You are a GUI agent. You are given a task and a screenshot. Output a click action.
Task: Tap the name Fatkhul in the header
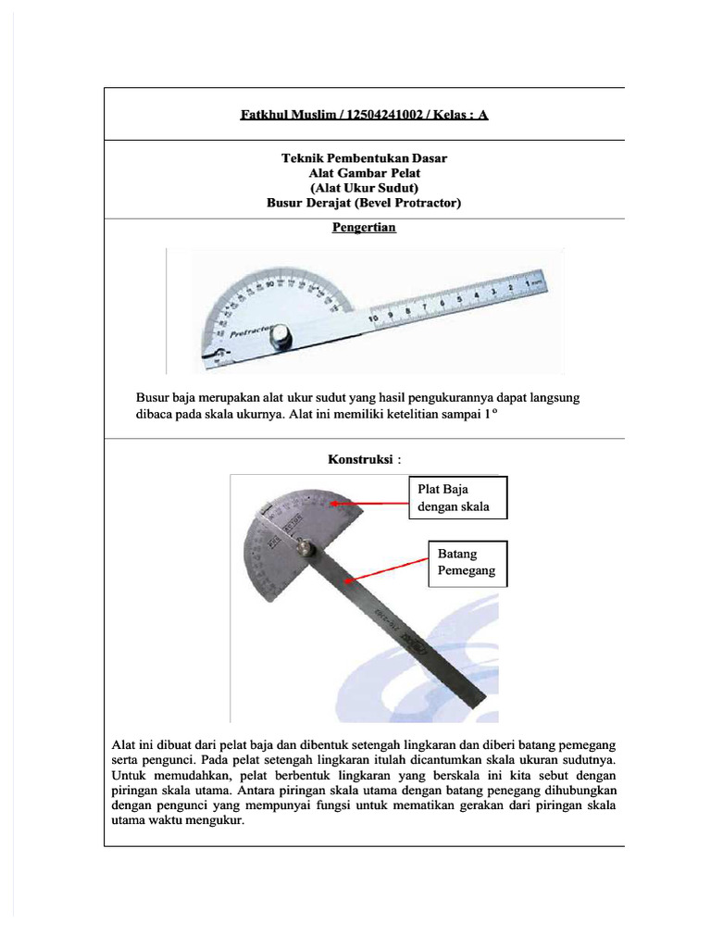point(268,115)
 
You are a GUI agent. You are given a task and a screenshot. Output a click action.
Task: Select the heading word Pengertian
point(364,227)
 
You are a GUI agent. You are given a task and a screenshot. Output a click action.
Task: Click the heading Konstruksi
point(361,458)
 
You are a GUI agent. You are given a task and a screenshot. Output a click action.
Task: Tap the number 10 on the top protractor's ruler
point(373,320)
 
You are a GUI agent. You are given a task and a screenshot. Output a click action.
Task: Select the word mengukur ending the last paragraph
point(214,821)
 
